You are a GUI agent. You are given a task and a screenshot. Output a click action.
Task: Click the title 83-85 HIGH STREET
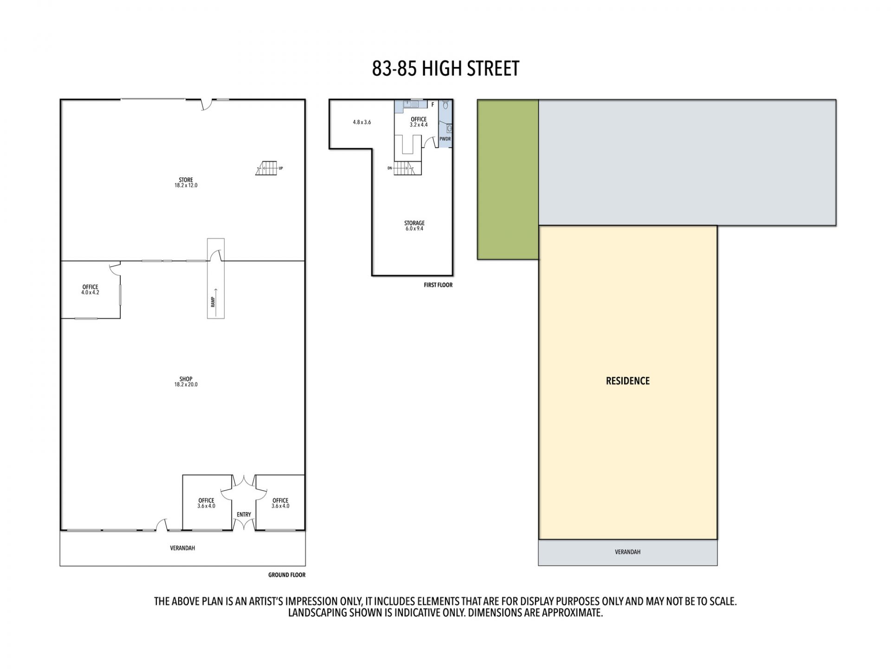445,69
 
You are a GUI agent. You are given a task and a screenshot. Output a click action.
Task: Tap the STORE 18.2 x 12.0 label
186,183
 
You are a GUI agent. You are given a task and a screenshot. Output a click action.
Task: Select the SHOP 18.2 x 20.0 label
186,382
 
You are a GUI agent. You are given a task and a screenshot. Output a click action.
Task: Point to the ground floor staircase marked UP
266,168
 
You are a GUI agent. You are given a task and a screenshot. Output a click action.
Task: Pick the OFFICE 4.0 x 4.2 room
90,290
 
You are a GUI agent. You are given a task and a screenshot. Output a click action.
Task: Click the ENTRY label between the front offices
244,514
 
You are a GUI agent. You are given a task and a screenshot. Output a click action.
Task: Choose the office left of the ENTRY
207,502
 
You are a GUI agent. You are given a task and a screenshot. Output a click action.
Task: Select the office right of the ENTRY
280,502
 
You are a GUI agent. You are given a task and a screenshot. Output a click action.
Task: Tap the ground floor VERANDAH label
182,548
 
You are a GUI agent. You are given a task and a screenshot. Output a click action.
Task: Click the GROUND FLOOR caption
287,575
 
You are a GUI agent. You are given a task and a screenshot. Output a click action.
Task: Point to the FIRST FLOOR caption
438,285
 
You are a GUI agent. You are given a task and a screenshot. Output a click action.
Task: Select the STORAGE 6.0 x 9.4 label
414,226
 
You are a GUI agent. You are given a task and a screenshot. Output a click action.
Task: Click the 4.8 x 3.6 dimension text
362,122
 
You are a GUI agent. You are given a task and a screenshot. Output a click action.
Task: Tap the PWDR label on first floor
445,139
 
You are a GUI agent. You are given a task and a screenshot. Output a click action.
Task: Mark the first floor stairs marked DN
402,168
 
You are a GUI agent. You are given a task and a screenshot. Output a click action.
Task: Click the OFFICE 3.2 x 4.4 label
419,122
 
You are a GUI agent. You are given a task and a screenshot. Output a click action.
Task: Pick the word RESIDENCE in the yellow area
627,381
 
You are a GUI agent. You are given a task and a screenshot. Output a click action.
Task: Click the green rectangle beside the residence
508,179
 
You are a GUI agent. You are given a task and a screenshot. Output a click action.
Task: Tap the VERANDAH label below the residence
627,552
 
